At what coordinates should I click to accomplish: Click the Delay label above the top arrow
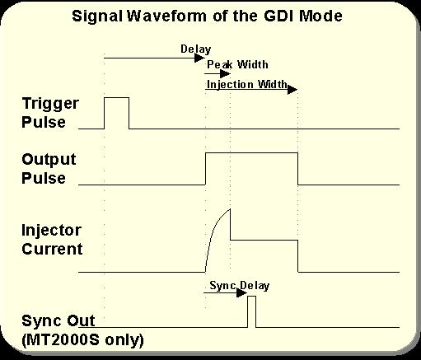pyautogui.click(x=196, y=49)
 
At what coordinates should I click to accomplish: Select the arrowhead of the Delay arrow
pyautogui.click(x=199, y=58)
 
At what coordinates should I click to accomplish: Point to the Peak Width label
pyautogui.click(x=237, y=64)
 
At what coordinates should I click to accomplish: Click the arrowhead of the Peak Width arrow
pyautogui.click(x=226, y=73)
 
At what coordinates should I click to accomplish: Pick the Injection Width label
pyautogui.click(x=247, y=84)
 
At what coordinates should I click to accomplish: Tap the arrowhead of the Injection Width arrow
pyautogui.click(x=292, y=90)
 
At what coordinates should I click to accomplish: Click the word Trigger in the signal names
pyautogui.click(x=50, y=104)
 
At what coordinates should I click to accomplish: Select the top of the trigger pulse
pyautogui.click(x=116, y=97)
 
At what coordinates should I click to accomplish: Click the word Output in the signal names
pyautogui.click(x=49, y=160)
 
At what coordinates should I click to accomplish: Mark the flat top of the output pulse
pyautogui.click(x=251, y=153)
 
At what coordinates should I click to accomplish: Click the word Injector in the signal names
pyautogui.click(x=51, y=230)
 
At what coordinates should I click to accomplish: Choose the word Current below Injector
pyautogui.click(x=52, y=249)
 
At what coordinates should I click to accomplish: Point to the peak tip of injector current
pyautogui.click(x=230, y=209)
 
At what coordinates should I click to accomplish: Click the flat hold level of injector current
pyautogui.click(x=264, y=240)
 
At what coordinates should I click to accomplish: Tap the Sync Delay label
pyautogui.click(x=240, y=286)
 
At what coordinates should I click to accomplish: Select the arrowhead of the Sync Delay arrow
pyautogui.click(x=242, y=292)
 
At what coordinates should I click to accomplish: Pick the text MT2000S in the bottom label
pyautogui.click(x=63, y=340)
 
